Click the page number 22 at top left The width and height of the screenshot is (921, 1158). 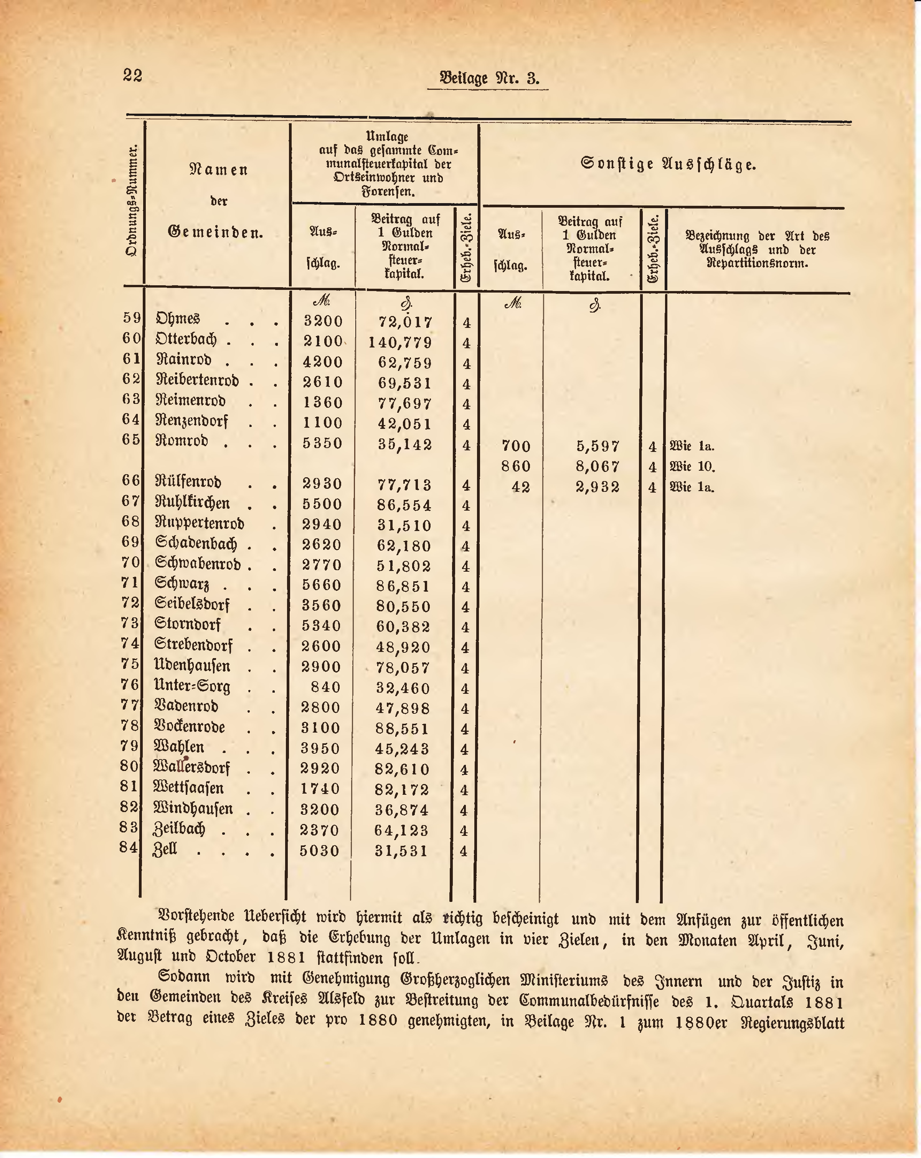click(132, 75)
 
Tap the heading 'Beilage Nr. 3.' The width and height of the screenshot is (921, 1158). click(489, 78)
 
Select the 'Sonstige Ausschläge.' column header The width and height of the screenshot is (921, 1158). click(668, 164)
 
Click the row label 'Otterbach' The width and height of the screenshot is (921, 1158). click(186, 339)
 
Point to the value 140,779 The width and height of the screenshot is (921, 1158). click(400, 342)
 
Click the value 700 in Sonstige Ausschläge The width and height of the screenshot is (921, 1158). click(516, 446)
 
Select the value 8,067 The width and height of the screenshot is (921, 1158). click(597, 466)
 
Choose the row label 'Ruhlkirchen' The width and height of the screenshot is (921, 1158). click(192, 504)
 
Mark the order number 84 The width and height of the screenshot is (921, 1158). click(129, 847)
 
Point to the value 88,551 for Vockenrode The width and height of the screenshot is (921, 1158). click(403, 729)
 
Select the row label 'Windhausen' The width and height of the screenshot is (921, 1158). click(193, 809)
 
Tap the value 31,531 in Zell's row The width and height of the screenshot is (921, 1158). click(401, 851)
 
